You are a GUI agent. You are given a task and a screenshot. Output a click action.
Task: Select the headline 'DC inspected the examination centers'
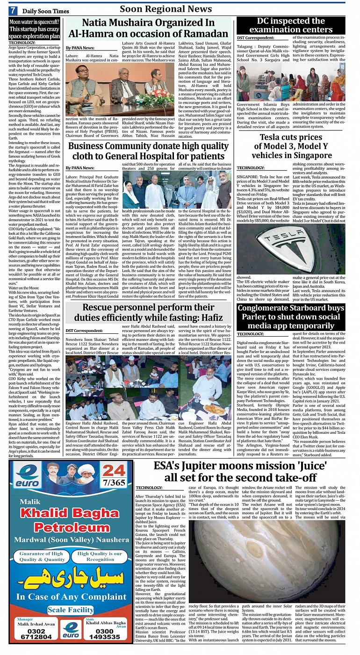290,26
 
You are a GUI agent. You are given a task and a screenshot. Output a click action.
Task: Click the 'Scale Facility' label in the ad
70,610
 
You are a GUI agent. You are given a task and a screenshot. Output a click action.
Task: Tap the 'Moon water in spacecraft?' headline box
35,29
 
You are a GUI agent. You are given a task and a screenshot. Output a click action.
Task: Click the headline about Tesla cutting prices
291,147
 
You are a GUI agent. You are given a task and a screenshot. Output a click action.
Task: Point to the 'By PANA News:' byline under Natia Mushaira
79,48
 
